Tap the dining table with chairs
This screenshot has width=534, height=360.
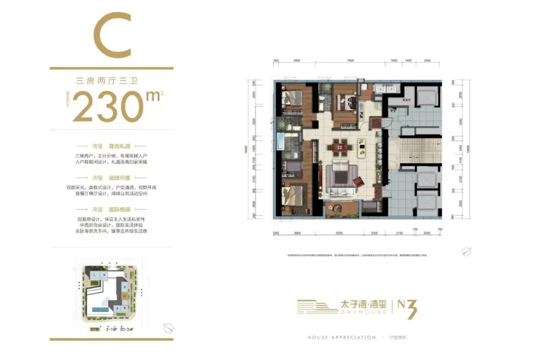point(340,146)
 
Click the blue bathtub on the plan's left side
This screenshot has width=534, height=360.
point(280,142)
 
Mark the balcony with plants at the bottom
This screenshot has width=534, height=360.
point(342,208)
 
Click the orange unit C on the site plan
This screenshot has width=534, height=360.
point(125,296)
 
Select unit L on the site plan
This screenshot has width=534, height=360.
point(94,274)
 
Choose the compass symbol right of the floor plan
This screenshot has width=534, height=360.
point(466,251)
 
